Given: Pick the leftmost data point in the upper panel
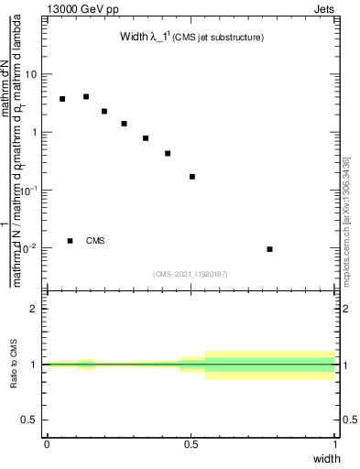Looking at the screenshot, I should tap(62, 99).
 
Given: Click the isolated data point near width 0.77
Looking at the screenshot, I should tap(269, 249).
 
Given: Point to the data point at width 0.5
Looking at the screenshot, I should tap(192, 177).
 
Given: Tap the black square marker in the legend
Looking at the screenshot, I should tap(70, 241).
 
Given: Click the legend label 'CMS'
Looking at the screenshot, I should tap(95, 241).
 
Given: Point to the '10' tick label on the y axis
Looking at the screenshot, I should tap(31, 74).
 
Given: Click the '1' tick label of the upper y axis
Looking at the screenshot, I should tap(35, 132).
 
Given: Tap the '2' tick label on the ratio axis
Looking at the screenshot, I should tap(35, 309).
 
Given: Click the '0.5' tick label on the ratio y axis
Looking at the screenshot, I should tap(29, 420).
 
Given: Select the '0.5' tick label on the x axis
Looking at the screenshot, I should tap(191, 444).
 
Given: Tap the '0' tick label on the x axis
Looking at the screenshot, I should tap(47, 444).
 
